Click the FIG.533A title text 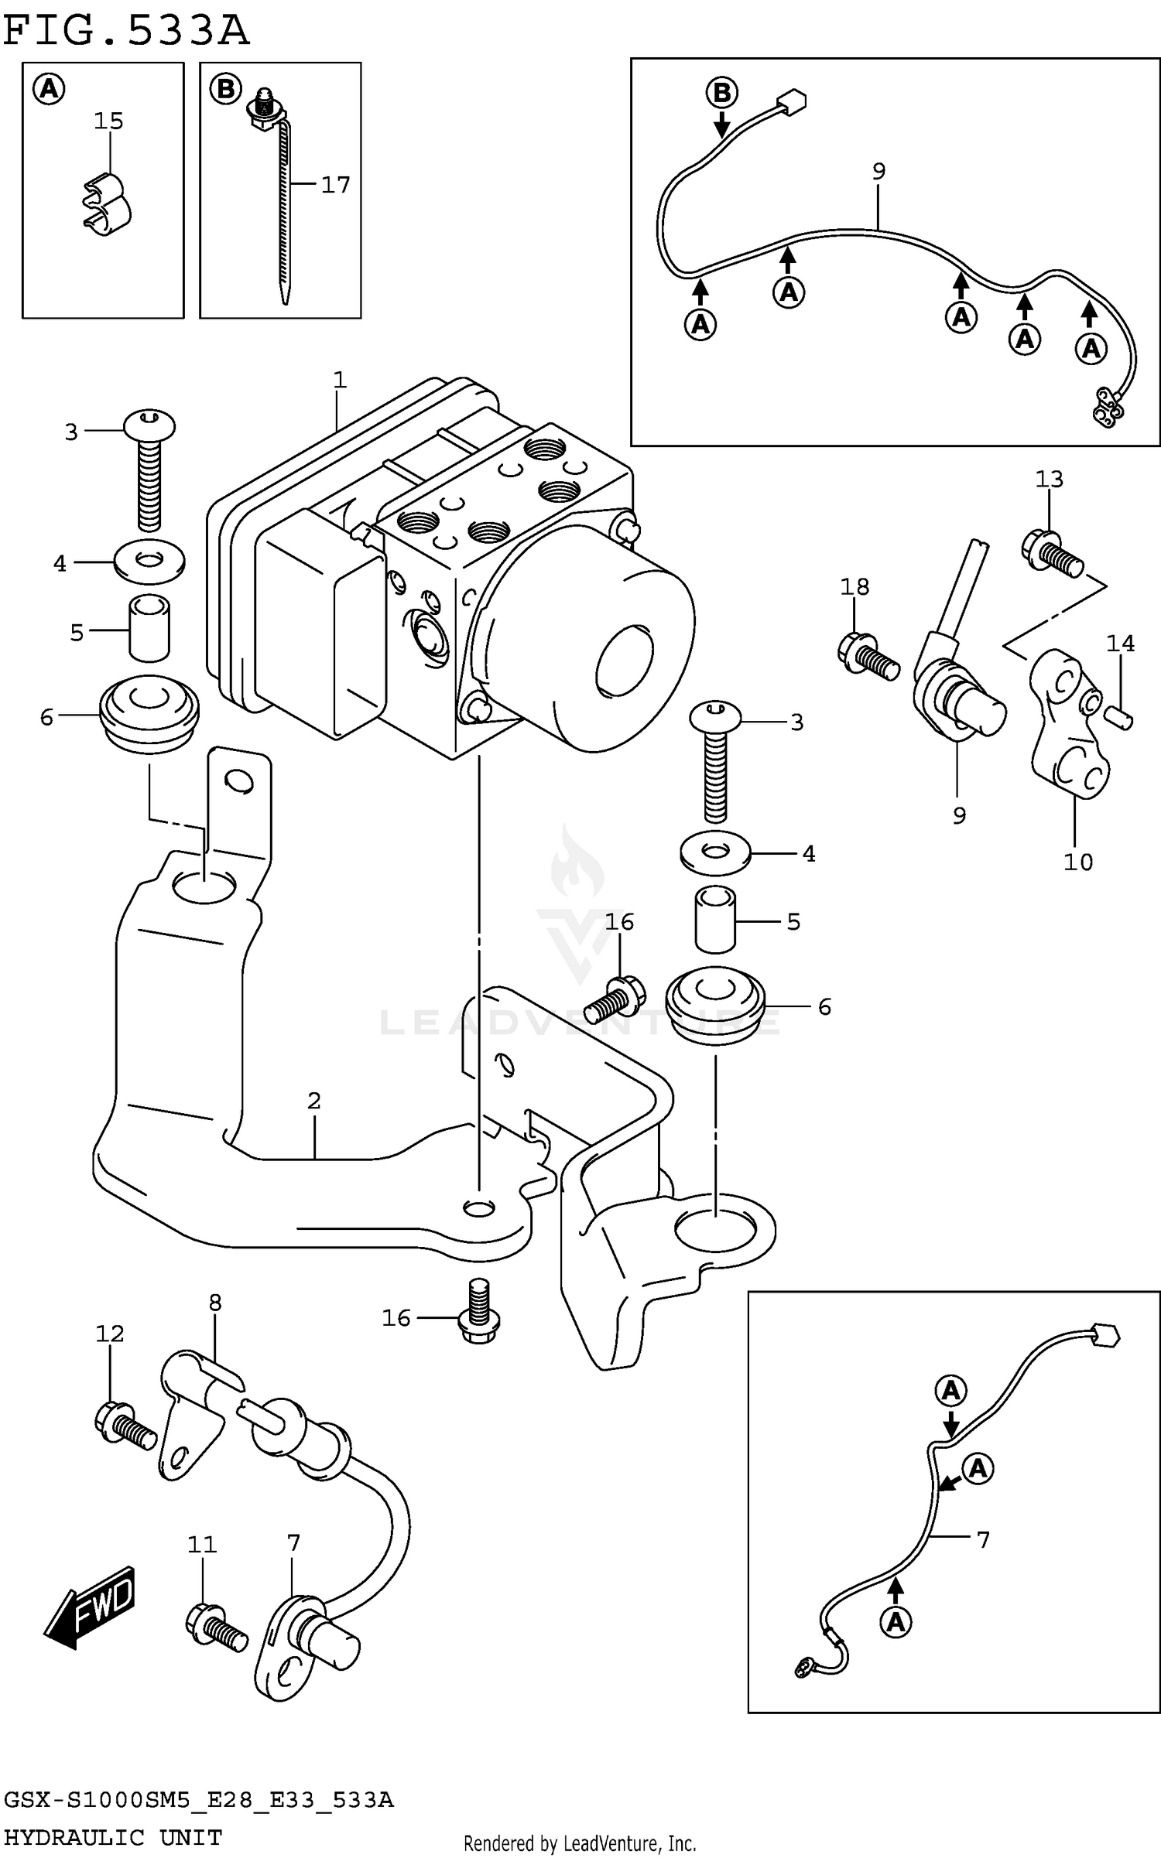(x=126, y=31)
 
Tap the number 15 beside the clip (x=108, y=121)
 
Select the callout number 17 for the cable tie (x=335, y=184)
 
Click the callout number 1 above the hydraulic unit (x=339, y=380)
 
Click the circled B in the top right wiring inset (x=721, y=93)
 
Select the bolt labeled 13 (x=1053, y=551)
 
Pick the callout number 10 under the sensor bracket (x=1077, y=862)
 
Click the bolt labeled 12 (x=124, y=1425)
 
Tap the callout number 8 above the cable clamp (x=215, y=1303)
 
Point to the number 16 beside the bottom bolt (x=396, y=1318)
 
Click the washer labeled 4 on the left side (x=149, y=562)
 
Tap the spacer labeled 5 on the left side (x=149, y=627)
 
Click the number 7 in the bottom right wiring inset (x=983, y=1540)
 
